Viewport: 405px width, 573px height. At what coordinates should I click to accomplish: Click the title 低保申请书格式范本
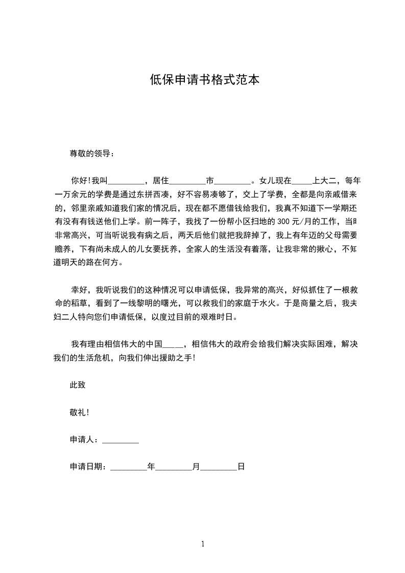coord(202,80)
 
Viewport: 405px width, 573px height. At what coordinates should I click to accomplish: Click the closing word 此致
coord(78,385)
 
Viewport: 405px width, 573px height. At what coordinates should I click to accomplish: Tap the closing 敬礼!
coord(79,412)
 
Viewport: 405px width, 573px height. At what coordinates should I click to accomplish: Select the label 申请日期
coord(87,467)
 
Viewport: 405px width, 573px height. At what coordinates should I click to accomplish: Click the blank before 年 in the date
coord(128,467)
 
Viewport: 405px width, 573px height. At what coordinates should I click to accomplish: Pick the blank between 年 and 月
coord(173,467)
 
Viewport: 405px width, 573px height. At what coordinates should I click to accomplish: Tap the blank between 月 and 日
coord(219,467)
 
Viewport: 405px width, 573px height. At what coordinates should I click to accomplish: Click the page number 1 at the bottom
coord(203,544)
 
